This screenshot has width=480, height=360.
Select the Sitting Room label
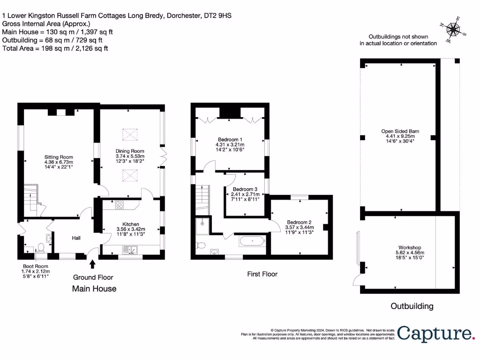tap(59, 157)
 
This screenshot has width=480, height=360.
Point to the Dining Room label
tap(130, 150)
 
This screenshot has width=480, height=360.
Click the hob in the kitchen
tap(119, 204)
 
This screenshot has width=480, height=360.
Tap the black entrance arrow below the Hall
tap(92, 265)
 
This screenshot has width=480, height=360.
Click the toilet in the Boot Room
tap(41, 247)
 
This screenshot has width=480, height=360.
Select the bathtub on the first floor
tap(253, 241)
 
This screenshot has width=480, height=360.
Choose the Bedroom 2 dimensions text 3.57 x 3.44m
tap(300, 227)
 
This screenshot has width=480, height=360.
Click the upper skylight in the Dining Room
tap(130, 135)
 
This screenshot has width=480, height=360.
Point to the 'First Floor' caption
tap(262, 274)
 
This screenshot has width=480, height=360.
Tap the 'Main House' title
tap(94, 289)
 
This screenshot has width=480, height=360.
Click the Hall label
tap(76, 238)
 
